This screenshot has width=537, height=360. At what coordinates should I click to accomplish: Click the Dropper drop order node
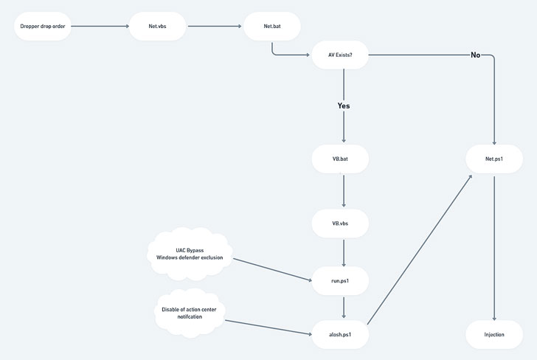tap(43, 27)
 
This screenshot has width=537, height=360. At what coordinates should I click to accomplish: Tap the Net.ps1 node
tap(494, 159)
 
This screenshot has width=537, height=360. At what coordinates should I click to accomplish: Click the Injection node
tap(494, 334)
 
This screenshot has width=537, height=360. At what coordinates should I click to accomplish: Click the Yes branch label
tap(344, 105)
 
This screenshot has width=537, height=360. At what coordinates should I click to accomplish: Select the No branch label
tap(475, 55)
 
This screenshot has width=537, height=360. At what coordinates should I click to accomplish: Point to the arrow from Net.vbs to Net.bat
tap(215, 27)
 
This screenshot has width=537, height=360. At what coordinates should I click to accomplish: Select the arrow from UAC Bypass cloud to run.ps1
tap(273, 269)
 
